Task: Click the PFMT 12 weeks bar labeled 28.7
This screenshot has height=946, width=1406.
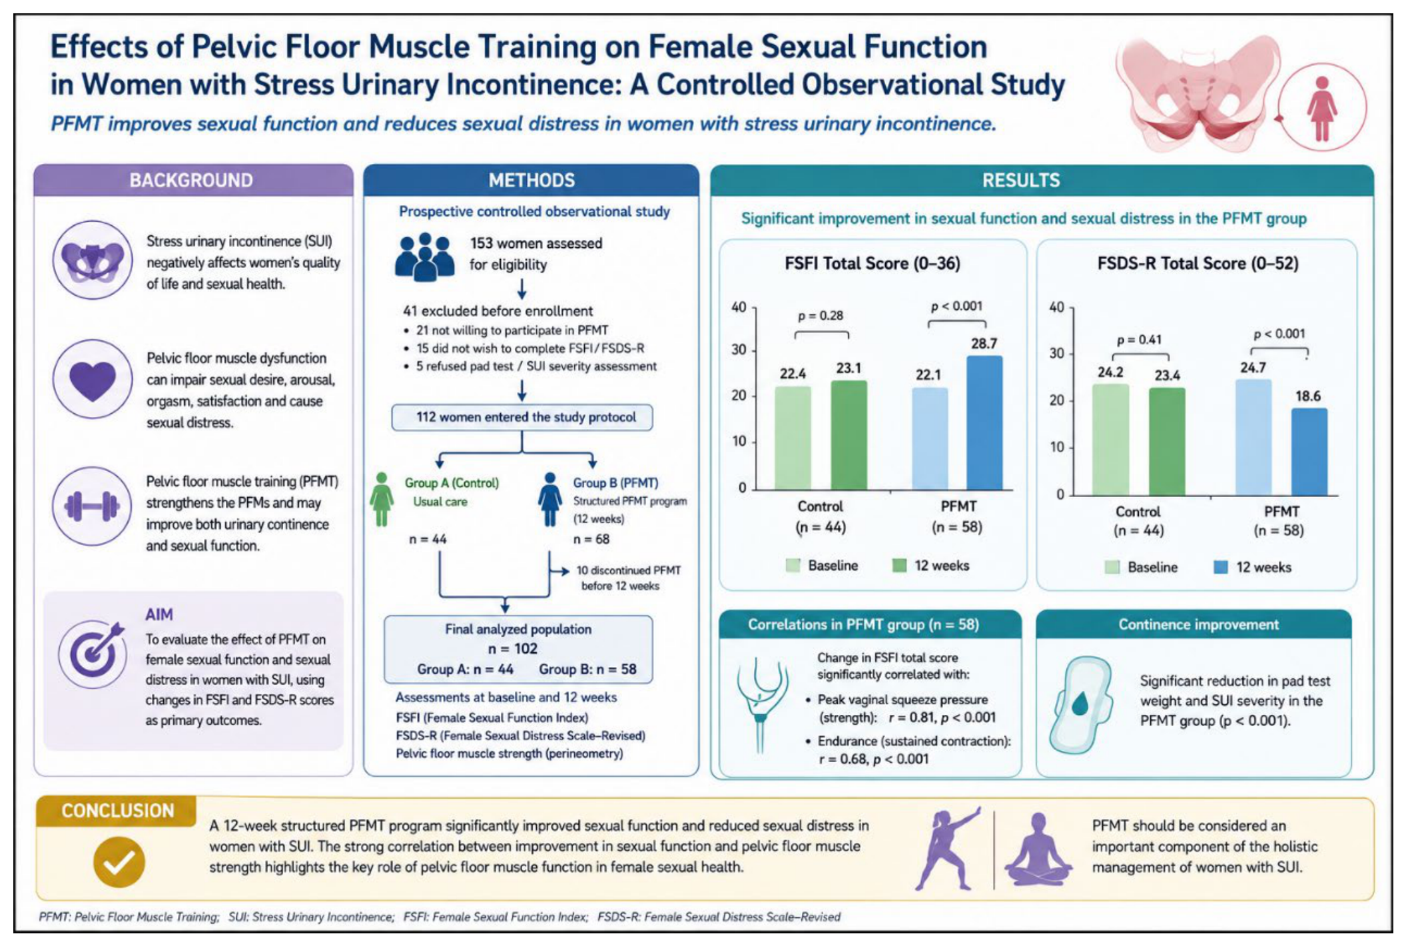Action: pyautogui.click(x=984, y=422)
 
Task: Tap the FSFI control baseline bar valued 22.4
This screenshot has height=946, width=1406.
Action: pyautogui.click(x=793, y=438)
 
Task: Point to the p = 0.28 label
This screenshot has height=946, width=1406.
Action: pyautogui.click(x=821, y=315)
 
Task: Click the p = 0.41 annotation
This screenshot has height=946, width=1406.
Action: pyautogui.click(x=1139, y=340)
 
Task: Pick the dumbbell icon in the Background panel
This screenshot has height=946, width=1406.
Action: pyautogui.click(x=92, y=507)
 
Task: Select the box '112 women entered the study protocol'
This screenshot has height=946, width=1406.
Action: pyautogui.click(x=522, y=418)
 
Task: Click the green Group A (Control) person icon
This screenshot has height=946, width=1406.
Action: pyautogui.click(x=382, y=500)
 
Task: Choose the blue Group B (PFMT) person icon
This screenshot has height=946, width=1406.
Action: pyautogui.click(x=550, y=500)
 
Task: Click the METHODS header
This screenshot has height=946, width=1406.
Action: pyautogui.click(x=531, y=181)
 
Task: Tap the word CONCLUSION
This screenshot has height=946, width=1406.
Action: pyautogui.click(x=118, y=811)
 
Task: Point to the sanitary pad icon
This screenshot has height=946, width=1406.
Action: pyautogui.click(x=1081, y=706)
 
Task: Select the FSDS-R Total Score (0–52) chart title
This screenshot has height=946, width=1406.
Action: pyautogui.click(x=1198, y=264)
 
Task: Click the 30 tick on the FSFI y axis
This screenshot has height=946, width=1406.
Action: pyautogui.click(x=739, y=350)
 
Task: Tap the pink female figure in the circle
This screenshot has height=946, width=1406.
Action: pyautogui.click(x=1321, y=109)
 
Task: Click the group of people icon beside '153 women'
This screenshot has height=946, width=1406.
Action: pyautogui.click(x=424, y=257)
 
